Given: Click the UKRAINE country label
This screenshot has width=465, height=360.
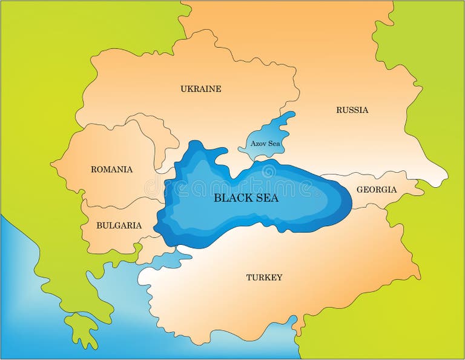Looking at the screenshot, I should [x=200, y=89].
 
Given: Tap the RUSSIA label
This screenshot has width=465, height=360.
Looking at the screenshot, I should [x=352, y=110].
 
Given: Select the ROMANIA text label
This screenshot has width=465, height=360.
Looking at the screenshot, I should [x=111, y=170].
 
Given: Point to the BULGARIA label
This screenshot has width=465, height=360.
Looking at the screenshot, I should [x=119, y=225].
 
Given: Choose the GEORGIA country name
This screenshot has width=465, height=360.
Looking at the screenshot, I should [x=376, y=190].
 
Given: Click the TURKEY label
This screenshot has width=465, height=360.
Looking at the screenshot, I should [x=264, y=278].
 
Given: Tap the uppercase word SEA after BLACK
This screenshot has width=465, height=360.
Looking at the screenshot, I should [x=267, y=198].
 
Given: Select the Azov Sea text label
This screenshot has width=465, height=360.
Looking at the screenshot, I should [x=265, y=144].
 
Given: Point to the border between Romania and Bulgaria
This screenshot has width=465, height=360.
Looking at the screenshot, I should [x=121, y=202].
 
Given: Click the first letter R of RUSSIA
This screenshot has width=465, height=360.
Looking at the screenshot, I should [x=339, y=110].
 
